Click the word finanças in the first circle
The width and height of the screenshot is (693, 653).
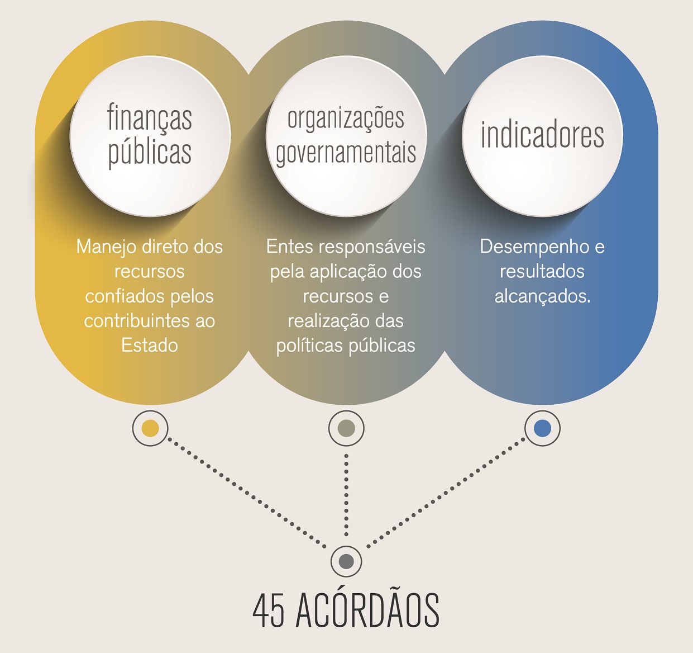point(150,118)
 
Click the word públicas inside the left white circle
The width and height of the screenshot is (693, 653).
point(150,153)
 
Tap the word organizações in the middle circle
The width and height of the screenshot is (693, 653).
point(346,119)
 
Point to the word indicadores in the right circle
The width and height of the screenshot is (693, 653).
point(542,135)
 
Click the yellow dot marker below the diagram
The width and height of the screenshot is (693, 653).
point(150,428)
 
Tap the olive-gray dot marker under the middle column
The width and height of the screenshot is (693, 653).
point(346,428)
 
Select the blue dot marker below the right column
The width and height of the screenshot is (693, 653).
point(542,428)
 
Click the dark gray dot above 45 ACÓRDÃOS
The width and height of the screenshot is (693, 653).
point(346,561)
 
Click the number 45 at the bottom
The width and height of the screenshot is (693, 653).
point(268,611)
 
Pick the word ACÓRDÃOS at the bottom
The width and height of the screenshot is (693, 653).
point(367,611)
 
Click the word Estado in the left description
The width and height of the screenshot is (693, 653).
point(150,345)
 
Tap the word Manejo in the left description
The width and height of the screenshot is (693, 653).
point(106,247)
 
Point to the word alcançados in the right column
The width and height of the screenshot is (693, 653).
point(541,296)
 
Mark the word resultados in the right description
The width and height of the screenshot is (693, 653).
point(542,271)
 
